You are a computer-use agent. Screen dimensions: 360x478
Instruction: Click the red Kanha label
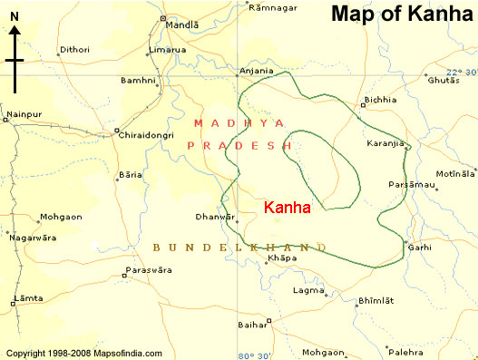point(287,208)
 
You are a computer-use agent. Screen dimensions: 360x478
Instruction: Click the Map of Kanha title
point(401,15)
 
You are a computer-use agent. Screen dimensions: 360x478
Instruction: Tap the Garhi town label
point(420,246)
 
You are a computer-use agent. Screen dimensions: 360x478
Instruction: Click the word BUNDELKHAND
point(239,246)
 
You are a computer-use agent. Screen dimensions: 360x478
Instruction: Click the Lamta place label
point(27,298)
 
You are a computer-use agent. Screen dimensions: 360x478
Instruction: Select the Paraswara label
point(150,269)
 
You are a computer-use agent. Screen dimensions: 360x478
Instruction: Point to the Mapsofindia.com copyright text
point(83,353)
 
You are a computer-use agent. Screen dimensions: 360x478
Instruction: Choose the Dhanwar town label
point(215,217)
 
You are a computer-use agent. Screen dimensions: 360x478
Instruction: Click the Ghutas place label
point(444,81)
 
